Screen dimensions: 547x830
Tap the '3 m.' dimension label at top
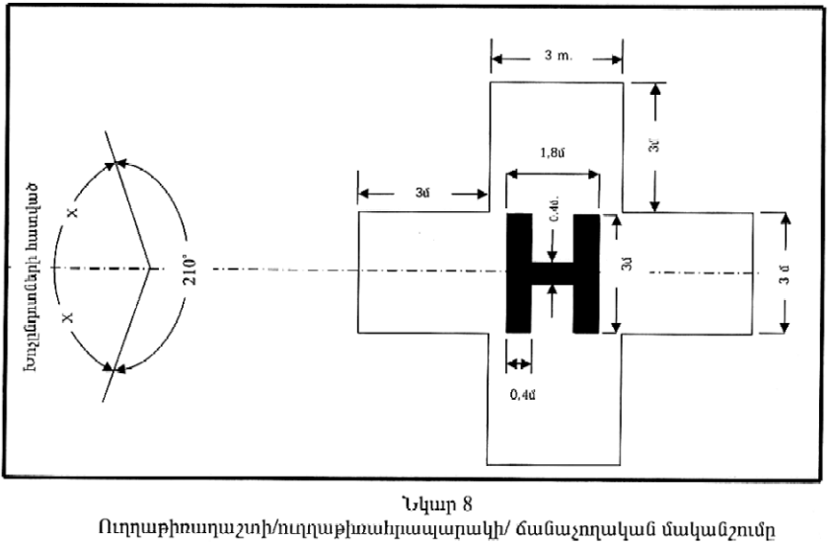556,57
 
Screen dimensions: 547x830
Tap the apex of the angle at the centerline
149,268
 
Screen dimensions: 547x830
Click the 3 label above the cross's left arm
421,194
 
